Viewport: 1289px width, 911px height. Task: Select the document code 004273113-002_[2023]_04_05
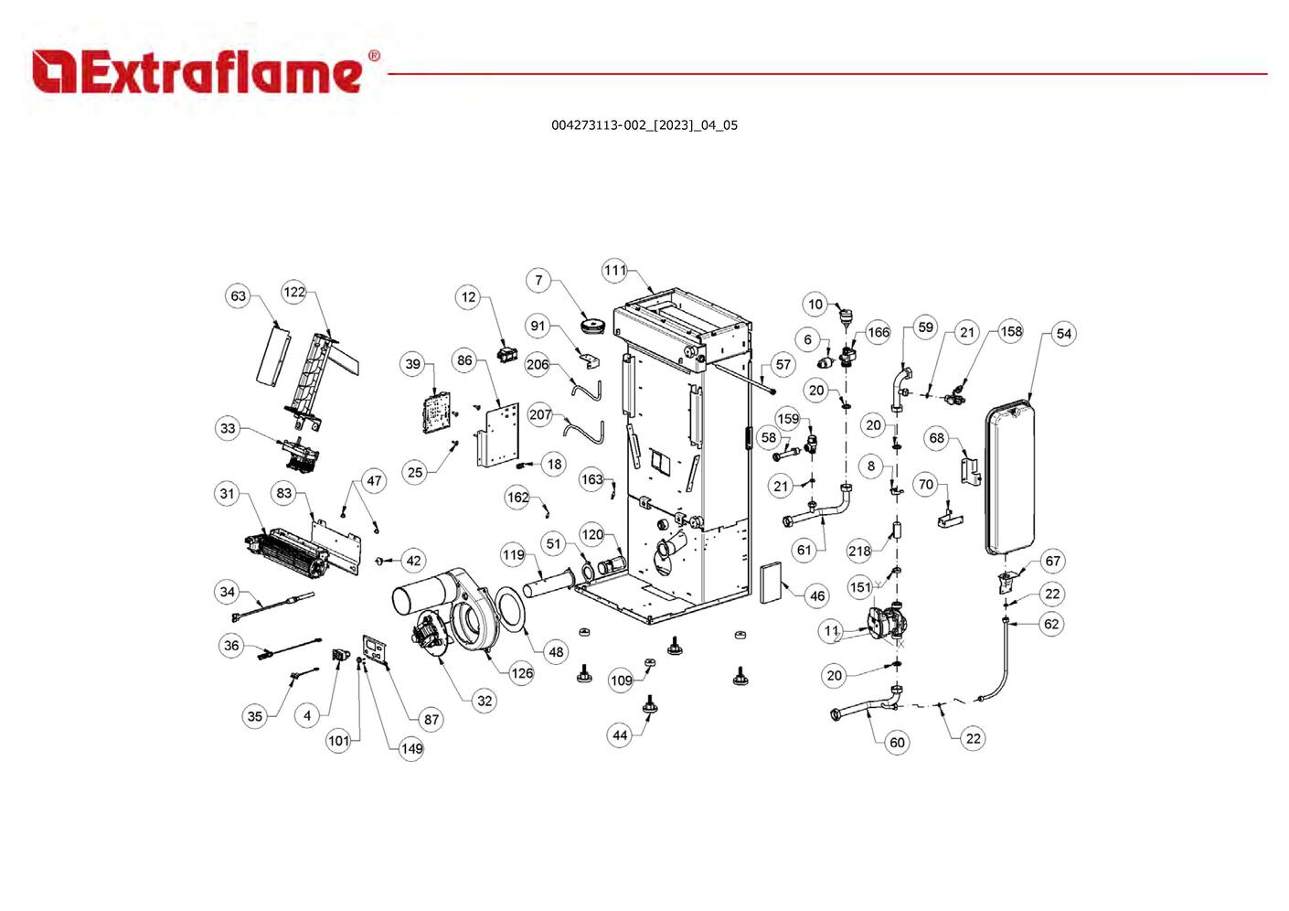click(644, 125)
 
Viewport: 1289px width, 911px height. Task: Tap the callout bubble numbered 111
click(615, 270)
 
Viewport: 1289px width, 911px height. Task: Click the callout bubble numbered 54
click(1063, 333)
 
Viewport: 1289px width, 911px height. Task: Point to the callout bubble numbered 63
click(238, 295)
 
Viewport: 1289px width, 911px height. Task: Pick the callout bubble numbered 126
click(521, 673)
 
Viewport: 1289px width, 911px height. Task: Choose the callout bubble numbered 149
click(411, 748)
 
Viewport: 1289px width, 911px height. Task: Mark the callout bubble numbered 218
click(859, 551)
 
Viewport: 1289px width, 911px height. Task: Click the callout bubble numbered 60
click(897, 742)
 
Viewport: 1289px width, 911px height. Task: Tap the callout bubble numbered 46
click(816, 596)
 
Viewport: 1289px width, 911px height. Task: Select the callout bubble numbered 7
click(538, 280)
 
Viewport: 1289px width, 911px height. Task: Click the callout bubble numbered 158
click(1010, 331)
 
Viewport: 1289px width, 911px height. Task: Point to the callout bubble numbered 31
click(228, 494)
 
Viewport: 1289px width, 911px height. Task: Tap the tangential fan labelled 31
click(288, 553)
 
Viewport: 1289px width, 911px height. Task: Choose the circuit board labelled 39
click(440, 411)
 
